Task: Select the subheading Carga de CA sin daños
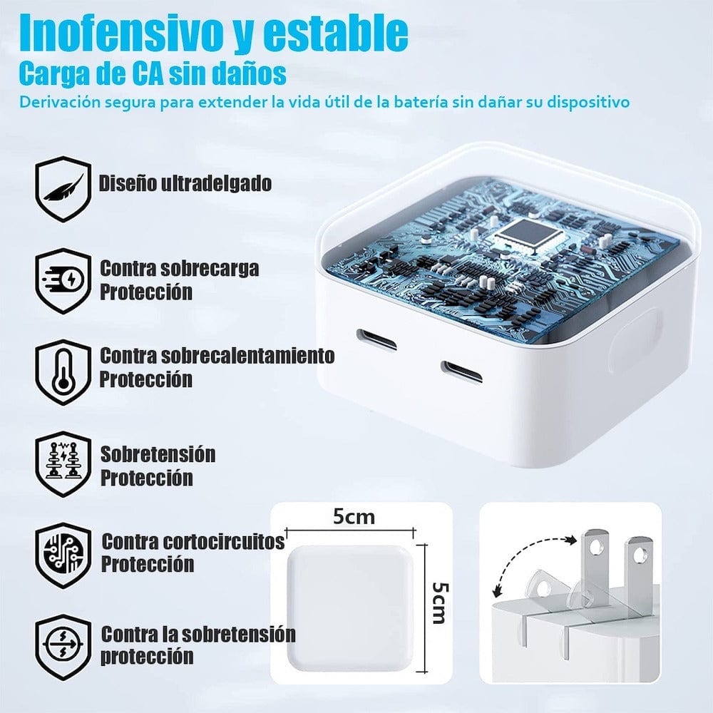pos(153,73)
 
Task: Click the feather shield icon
pos(63,188)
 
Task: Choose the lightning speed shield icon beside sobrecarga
pos(63,280)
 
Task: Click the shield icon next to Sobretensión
pos(63,463)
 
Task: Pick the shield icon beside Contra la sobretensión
pos(63,646)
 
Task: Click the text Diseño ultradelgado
pos(185,183)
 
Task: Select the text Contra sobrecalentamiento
pos(217,355)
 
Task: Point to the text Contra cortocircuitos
pos(193,541)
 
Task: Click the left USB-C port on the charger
pos(376,339)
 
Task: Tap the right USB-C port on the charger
pos(461,371)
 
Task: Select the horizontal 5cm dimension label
pos(354,516)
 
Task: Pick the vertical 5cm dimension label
pos(439,602)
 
